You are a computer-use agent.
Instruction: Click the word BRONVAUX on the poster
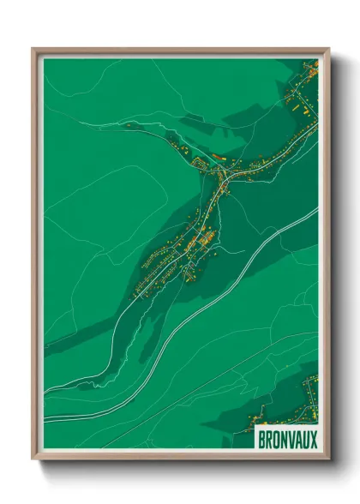click(286, 438)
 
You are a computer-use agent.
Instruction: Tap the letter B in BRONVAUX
click(262, 438)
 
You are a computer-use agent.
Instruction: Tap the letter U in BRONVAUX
click(304, 438)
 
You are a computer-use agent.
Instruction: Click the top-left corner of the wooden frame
click(33, 49)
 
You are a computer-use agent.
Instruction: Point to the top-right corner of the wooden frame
click(328, 49)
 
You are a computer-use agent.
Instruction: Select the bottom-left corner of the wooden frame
click(33, 459)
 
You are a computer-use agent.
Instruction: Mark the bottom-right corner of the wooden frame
click(328, 459)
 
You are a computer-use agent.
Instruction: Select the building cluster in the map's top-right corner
click(304, 94)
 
